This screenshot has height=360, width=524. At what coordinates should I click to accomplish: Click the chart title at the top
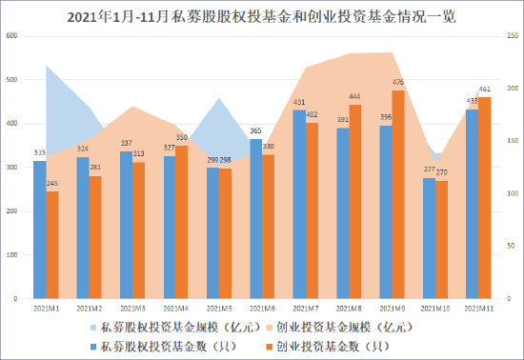point(262,15)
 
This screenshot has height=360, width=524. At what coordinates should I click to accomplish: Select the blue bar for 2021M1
point(40,230)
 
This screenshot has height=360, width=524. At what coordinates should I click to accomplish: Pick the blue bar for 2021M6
point(255,219)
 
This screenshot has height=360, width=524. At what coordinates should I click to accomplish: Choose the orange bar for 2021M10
point(441,239)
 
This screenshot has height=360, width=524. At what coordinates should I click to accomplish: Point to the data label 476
point(398,83)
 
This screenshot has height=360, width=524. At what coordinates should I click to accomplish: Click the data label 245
point(52,184)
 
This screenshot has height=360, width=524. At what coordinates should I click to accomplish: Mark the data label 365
point(255,131)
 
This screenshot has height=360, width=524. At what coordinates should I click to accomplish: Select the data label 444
point(355,97)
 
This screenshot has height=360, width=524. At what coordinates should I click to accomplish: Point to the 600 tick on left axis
point(12,36)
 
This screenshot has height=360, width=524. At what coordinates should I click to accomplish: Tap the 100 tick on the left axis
point(12,255)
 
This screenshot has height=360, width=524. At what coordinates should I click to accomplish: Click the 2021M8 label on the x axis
point(348,310)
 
